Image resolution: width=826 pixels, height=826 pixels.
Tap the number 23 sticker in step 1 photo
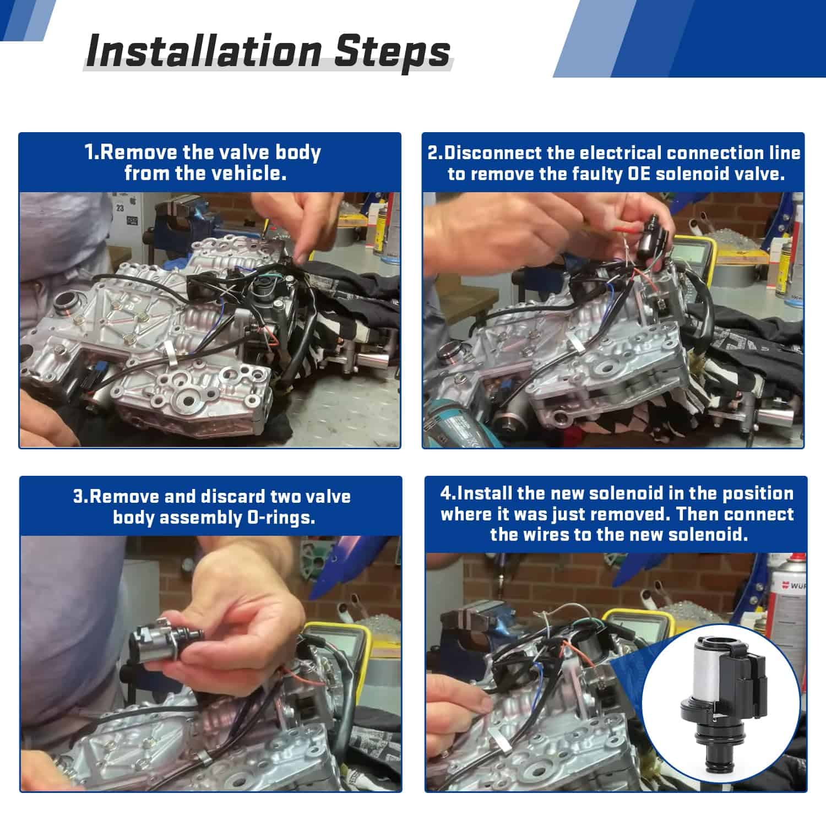120,209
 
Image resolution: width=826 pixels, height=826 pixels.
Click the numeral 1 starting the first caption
89,153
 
